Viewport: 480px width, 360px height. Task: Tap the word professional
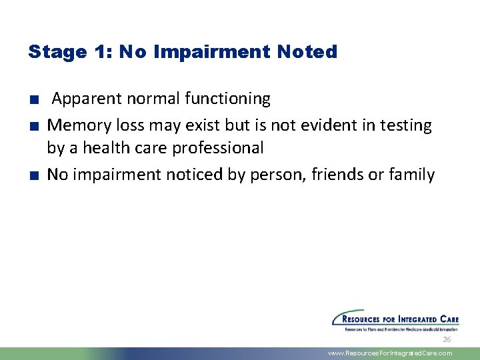click(218, 147)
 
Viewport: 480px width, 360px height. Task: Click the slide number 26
click(447, 340)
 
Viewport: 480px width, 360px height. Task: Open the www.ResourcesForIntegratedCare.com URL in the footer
click(390, 353)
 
